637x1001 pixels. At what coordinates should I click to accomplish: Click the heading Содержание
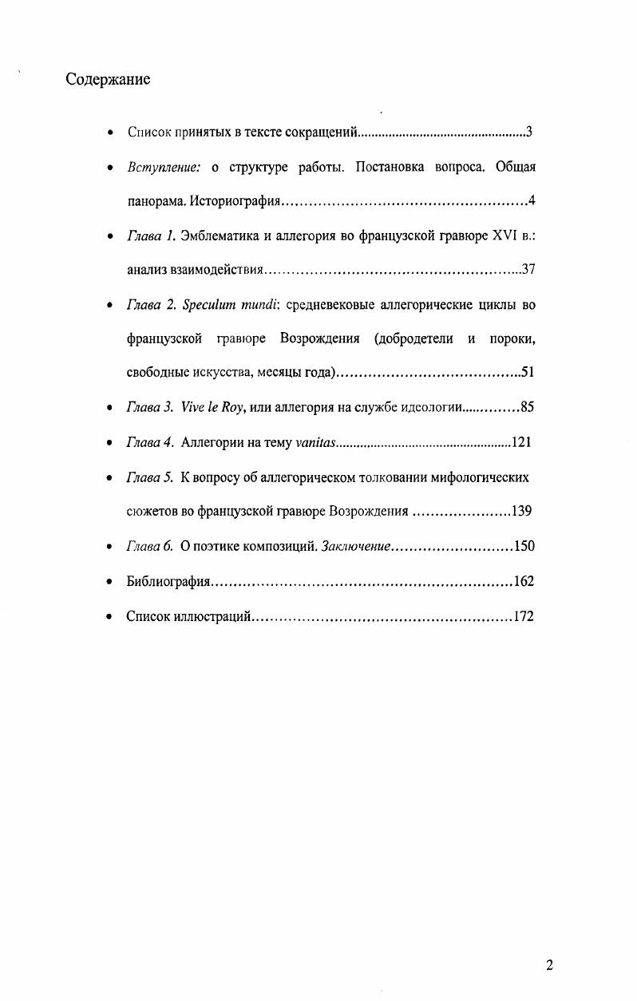109,80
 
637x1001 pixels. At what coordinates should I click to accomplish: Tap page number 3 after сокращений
529,132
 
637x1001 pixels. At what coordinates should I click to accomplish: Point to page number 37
527,269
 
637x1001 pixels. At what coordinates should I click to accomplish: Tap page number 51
527,372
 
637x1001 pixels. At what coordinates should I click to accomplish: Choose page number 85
527,407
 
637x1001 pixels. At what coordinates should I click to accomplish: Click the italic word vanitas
315,442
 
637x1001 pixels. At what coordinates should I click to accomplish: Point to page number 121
522,442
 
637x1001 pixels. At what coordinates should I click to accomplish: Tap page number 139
522,512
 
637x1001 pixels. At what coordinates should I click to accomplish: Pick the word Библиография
168,582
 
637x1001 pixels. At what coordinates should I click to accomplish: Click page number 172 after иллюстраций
523,616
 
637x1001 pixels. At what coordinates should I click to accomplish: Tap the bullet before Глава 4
109,443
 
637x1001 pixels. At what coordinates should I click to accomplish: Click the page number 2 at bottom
549,965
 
